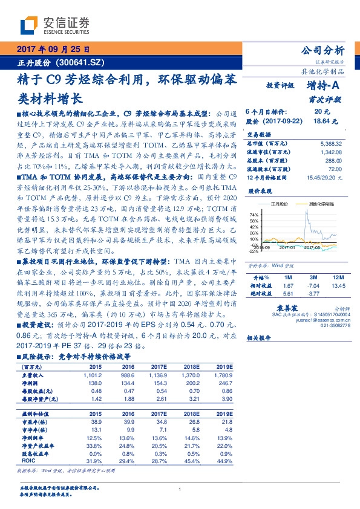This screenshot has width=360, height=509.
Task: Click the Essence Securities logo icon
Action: pyautogui.click(x=30, y=24)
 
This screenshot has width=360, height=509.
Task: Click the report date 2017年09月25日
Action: pyautogui.click(x=54, y=50)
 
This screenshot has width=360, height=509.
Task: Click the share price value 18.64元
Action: pyautogui.click(x=321, y=122)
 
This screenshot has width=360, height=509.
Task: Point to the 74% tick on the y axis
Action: pyautogui.click(x=254, y=214)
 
